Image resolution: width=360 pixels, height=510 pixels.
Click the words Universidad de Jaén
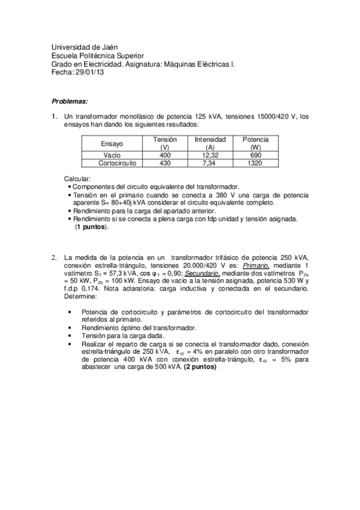[85, 46]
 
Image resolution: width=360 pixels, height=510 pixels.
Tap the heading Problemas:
[70, 101]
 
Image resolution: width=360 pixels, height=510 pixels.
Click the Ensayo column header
[112, 144]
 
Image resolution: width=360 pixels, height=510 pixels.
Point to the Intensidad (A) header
[210, 143]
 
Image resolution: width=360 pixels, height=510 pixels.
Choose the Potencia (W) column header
[255, 143]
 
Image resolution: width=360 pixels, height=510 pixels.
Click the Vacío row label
[112, 155]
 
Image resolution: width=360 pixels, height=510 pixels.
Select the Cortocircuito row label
[112, 163]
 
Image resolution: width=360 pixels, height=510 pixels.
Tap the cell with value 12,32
[210, 155]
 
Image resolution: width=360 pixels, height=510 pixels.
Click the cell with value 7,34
[210, 163]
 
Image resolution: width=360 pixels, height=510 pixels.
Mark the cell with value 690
[255, 155]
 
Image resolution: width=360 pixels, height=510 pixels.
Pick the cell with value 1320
[255, 163]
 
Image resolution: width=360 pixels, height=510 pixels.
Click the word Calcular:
[77, 179]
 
